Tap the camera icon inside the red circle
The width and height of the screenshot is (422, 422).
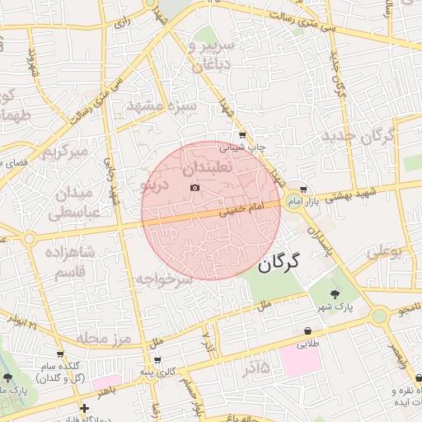click(x=195, y=188)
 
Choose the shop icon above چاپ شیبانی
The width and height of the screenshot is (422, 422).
click(x=241, y=134)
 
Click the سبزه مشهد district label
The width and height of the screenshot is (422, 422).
click(x=161, y=106)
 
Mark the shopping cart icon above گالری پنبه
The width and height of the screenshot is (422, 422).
click(x=157, y=360)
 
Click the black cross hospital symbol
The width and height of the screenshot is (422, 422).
click(x=84, y=408)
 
